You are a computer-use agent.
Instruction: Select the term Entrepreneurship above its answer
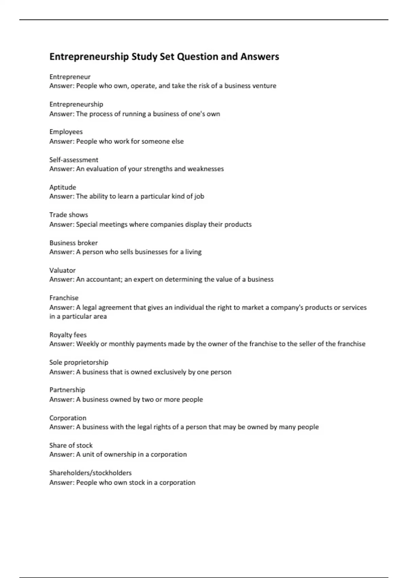coord(76,104)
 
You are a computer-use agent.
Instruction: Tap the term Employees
coord(66,132)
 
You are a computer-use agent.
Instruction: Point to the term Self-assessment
coord(74,160)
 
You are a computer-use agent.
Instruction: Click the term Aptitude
coord(63,187)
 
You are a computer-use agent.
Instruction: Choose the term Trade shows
coord(69,215)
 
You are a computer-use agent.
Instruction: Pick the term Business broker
coord(73,243)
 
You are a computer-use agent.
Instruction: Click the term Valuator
coord(62,270)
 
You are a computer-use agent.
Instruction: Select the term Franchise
coord(64,298)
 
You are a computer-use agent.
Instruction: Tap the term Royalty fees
coord(68,335)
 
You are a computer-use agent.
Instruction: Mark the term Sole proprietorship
coord(79,362)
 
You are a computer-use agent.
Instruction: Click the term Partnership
coord(67,390)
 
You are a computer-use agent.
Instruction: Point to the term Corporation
coord(68,418)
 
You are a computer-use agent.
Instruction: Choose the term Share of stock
coord(71,445)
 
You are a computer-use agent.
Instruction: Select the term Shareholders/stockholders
coord(90,473)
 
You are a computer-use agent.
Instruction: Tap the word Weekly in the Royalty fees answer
coord(87,344)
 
